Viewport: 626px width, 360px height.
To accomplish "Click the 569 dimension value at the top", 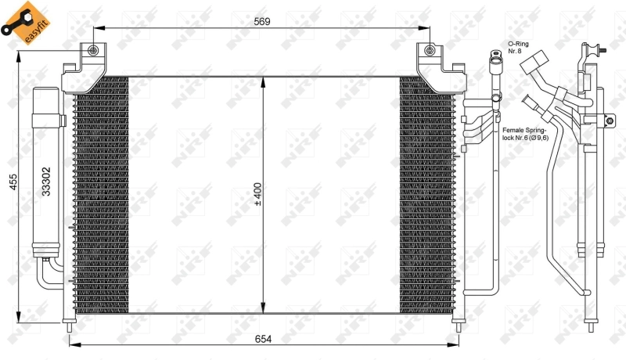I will click(261, 22).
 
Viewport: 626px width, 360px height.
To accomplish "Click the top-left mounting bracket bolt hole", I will click(95, 52).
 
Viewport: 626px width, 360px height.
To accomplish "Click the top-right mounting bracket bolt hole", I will click(428, 52).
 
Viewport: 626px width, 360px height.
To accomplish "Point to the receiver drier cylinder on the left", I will click(46, 172).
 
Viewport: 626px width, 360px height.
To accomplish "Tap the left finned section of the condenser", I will click(100, 196).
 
